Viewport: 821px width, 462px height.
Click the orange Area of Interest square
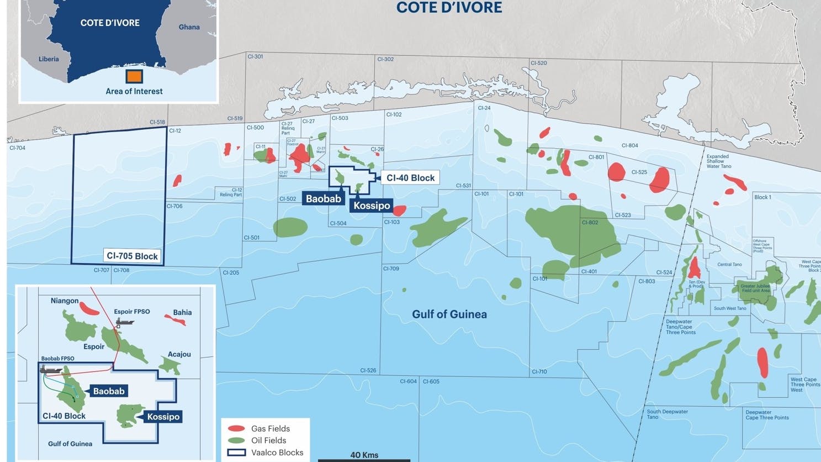[134, 76]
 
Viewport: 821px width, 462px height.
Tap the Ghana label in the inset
[189, 27]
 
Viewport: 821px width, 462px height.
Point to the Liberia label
[49, 59]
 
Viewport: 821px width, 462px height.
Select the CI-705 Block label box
[133, 256]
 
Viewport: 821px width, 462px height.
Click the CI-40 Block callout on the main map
[410, 178]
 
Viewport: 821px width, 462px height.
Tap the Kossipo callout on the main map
[372, 206]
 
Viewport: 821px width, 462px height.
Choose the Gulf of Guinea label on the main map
[449, 314]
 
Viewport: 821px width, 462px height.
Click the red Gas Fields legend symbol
[236, 429]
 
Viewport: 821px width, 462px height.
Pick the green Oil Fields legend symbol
[236, 441]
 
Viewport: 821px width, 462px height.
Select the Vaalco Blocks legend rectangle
[236, 453]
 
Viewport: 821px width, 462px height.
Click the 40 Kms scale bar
[364, 459]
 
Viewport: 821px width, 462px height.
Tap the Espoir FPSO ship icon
[125, 322]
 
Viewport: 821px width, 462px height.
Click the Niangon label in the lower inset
[65, 301]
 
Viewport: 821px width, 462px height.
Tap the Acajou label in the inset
[179, 354]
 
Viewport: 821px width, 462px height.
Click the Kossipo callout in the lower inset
[163, 417]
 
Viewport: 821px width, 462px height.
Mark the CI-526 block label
[368, 371]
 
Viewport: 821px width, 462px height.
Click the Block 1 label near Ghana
[762, 197]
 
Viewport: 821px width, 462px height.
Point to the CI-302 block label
[385, 59]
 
